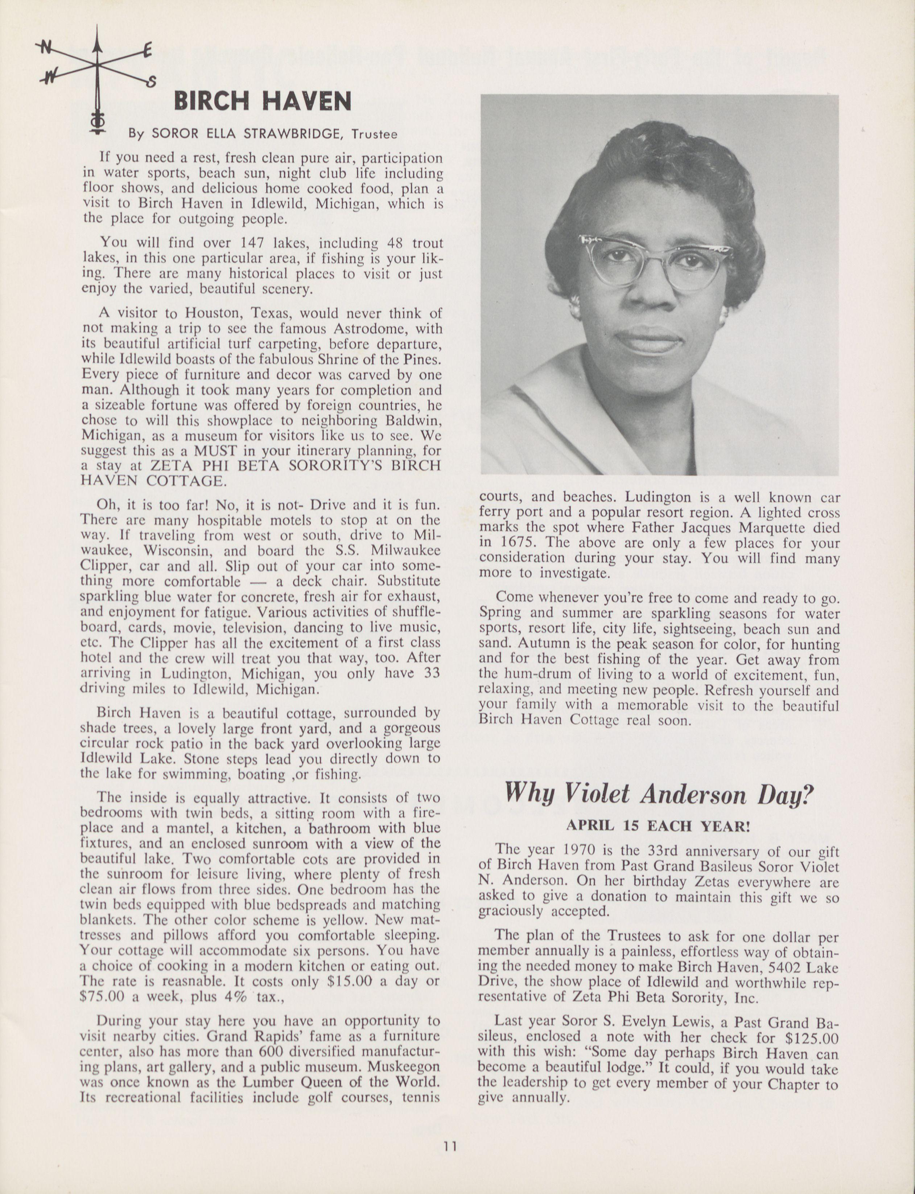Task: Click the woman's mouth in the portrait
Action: point(648,342)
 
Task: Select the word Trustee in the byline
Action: point(374,133)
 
